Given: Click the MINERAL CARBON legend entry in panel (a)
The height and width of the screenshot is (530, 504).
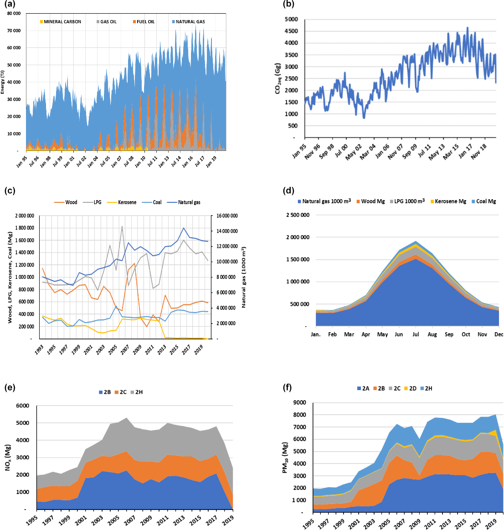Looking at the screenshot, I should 62,22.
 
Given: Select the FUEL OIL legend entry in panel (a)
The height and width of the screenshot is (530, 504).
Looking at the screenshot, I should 145,22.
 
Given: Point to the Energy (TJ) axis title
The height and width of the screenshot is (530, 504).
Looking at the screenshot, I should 3,82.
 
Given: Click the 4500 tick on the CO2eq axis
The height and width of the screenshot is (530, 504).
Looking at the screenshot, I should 291,31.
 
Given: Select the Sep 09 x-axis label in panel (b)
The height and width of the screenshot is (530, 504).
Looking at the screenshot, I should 409,149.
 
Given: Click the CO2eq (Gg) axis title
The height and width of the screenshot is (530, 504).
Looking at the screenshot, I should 278,78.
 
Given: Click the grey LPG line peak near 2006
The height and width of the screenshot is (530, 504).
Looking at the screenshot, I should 122,226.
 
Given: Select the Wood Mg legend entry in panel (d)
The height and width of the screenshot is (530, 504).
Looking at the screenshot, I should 373,201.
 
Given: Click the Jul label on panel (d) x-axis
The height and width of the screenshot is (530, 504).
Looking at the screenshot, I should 415,334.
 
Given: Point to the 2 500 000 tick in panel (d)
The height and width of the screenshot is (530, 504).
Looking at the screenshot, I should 298,215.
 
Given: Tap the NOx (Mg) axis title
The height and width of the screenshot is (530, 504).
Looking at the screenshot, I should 8,457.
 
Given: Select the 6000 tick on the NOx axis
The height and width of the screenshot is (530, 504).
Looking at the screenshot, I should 22,406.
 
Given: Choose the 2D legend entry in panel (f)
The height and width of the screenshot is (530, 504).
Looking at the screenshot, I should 413,389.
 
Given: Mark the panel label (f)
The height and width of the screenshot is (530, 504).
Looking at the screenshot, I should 288,388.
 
